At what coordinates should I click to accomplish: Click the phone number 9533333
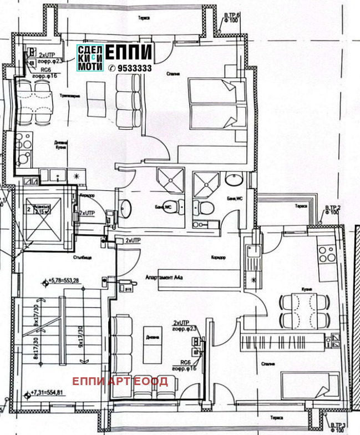[x=131, y=68]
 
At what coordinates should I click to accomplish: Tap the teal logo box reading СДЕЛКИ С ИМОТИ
[x=90, y=57]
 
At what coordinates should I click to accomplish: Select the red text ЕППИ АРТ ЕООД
[x=120, y=381]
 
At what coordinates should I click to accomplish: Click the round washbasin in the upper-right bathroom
[x=234, y=180]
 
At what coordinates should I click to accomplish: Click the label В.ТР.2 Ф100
[x=332, y=210]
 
